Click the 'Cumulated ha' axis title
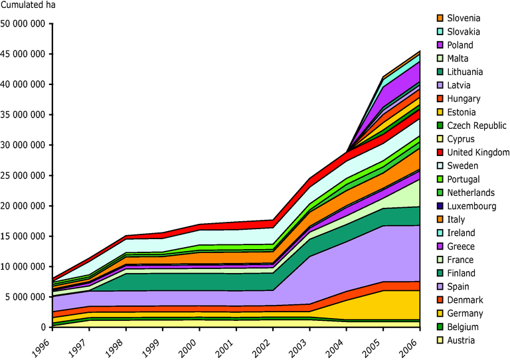click(x=29, y=7)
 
